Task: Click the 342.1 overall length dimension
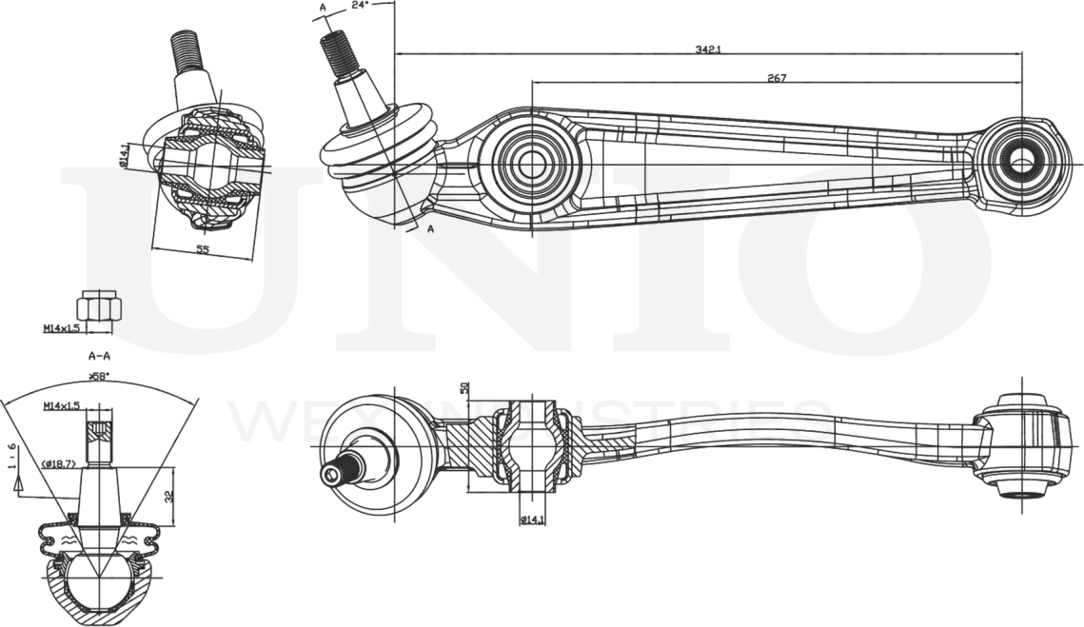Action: coord(707,49)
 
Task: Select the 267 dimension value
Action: coord(776,78)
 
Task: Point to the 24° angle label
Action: coord(359,6)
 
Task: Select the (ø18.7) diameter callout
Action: coord(60,464)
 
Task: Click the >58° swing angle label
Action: coord(99,377)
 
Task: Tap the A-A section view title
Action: coord(99,357)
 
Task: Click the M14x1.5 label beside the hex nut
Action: coord(61,329)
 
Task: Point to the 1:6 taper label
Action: coord(11,456)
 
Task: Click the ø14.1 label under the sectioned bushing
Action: coord(533,519)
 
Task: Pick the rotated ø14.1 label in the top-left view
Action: coord(125,154)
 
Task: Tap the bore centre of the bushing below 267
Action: coord(531,161)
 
